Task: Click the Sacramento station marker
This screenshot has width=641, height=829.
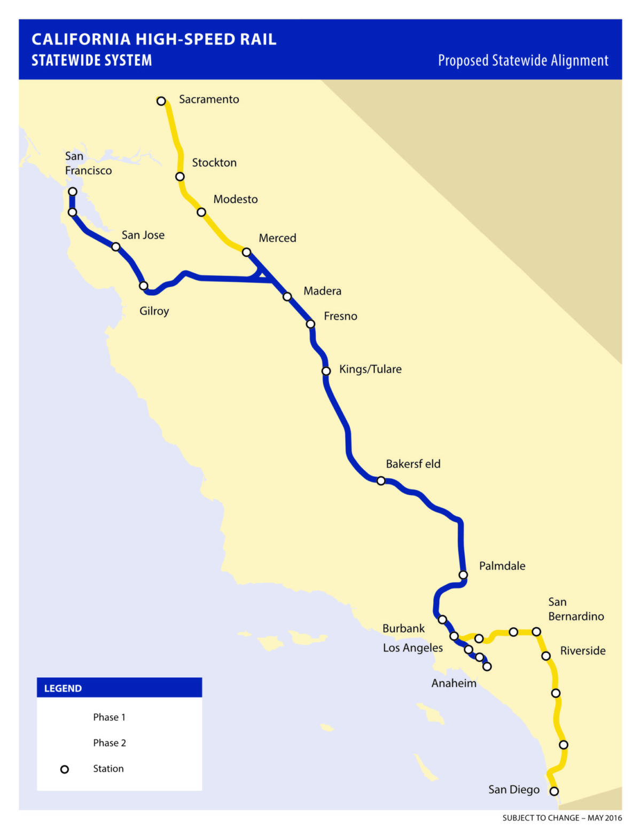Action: [161, 101]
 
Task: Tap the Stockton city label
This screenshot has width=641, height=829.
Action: [214, 163]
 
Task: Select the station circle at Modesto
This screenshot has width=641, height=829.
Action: [201, 212]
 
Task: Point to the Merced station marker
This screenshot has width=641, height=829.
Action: [246, 252]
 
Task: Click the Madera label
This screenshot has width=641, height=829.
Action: [322, 291]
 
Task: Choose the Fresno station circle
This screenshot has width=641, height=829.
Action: [310, 324]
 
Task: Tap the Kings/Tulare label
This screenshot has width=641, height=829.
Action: [370, 369]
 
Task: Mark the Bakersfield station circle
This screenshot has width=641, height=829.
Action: [381, 481]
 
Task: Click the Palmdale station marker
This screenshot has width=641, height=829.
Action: [463, 575]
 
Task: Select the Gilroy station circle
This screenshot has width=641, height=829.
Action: [143, 286]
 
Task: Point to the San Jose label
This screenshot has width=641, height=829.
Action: [143, 235]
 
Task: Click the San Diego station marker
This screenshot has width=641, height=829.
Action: [554, 791]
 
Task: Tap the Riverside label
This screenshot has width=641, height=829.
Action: [582, 651]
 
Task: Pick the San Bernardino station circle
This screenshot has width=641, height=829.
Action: [536, 631]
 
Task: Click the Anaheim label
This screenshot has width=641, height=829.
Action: [454, 683]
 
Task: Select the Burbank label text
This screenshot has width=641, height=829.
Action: [403, 629]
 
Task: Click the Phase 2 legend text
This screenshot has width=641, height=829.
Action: [110, 743]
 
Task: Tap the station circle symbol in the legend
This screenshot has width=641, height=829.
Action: [65, 769]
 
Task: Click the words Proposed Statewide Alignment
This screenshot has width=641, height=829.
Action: [523, 61]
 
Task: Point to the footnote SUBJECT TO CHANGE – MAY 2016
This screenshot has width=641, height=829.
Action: [562, 818]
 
